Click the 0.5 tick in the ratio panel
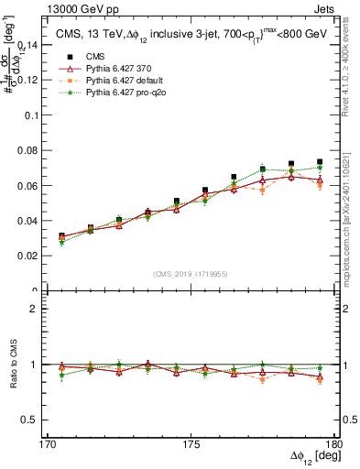click(x=38, y=420)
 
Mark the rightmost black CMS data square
click(x=320, y=162)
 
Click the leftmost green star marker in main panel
click(x=61, y=244)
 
